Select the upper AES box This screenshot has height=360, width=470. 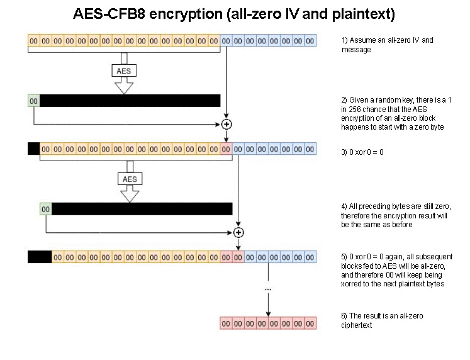pyautogui.click(x=124, y=71)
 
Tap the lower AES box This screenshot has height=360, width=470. pyautogui.click(x=130, y=179)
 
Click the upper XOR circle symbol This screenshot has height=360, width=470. pyautogui.click(x=226, y=123)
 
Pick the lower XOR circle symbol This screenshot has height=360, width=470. pyautogui.click(x=238, y=232)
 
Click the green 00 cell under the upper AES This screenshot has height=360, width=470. pyautogui.click(x=34, y=100)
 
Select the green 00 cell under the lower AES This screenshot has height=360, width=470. pyautogui.click(x=46, y=209)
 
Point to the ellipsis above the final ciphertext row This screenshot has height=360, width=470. pyautogui.click(x=269, y=289)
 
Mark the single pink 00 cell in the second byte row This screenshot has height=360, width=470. pyautogui.click(x=226, y=150)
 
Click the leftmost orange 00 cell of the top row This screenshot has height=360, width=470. pyautogui.click(x=34, y=41)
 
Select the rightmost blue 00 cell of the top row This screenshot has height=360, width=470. pyautogui.click(x=310, y=41)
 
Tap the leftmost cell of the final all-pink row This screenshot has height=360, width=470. pyautogui.click(x=226, y=324)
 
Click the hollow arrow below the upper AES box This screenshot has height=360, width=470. pyautogui.click(x=124, y=86)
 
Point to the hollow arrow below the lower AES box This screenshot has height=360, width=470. pyautogui.click(x=130, y=194)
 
